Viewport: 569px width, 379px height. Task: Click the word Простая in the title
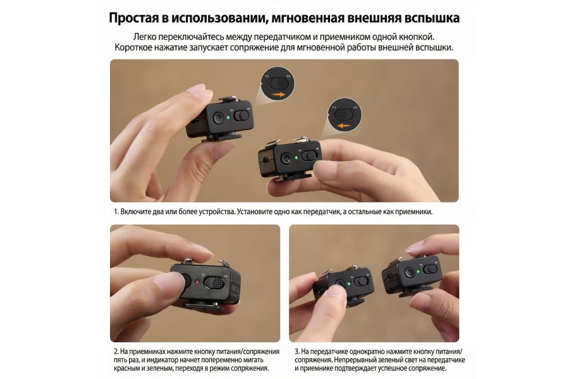click(137, 17)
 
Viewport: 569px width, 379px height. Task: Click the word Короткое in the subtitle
click(137, 47)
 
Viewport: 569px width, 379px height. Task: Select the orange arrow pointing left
click(343, 125)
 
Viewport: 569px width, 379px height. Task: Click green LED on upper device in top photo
click(218, 117)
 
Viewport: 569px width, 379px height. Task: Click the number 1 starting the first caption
click(116, 212)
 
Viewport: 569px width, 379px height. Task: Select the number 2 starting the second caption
click(116, 351)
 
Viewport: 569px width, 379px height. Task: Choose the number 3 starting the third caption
click(297, 351)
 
